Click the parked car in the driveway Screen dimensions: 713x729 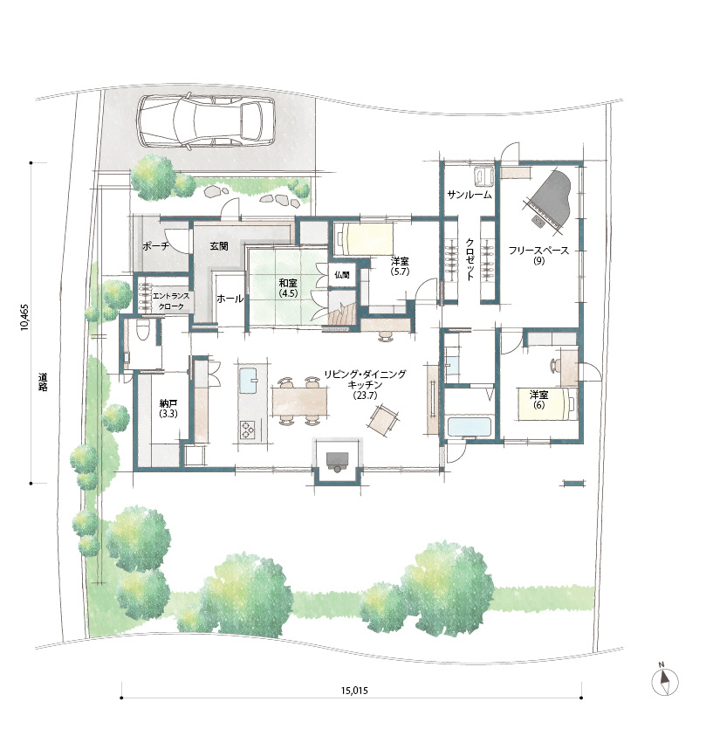206,122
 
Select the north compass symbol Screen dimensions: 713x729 665,681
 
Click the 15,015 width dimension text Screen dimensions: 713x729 354,691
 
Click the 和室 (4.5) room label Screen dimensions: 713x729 288,288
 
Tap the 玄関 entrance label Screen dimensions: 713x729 218,246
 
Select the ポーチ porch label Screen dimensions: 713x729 155,247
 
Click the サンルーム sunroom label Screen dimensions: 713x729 470,196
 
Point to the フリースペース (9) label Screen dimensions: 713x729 538,255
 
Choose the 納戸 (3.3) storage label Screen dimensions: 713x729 168,409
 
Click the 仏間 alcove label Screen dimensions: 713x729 342,275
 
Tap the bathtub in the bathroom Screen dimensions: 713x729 470,428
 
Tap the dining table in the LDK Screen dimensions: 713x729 300,402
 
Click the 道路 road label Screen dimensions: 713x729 43,382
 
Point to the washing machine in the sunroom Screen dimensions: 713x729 484,176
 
